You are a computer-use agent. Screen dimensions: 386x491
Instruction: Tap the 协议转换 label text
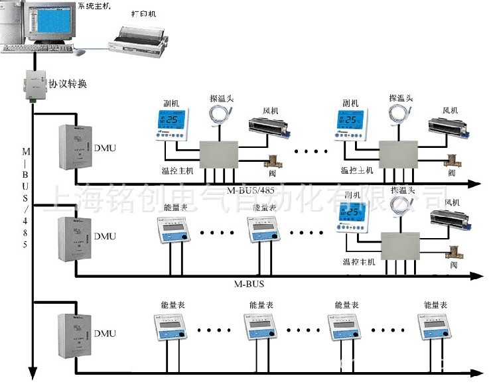pos(67,84)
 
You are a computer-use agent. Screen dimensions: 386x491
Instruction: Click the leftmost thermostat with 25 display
pos(171,123)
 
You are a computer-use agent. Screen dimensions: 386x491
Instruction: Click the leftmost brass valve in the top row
pos(271,161)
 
